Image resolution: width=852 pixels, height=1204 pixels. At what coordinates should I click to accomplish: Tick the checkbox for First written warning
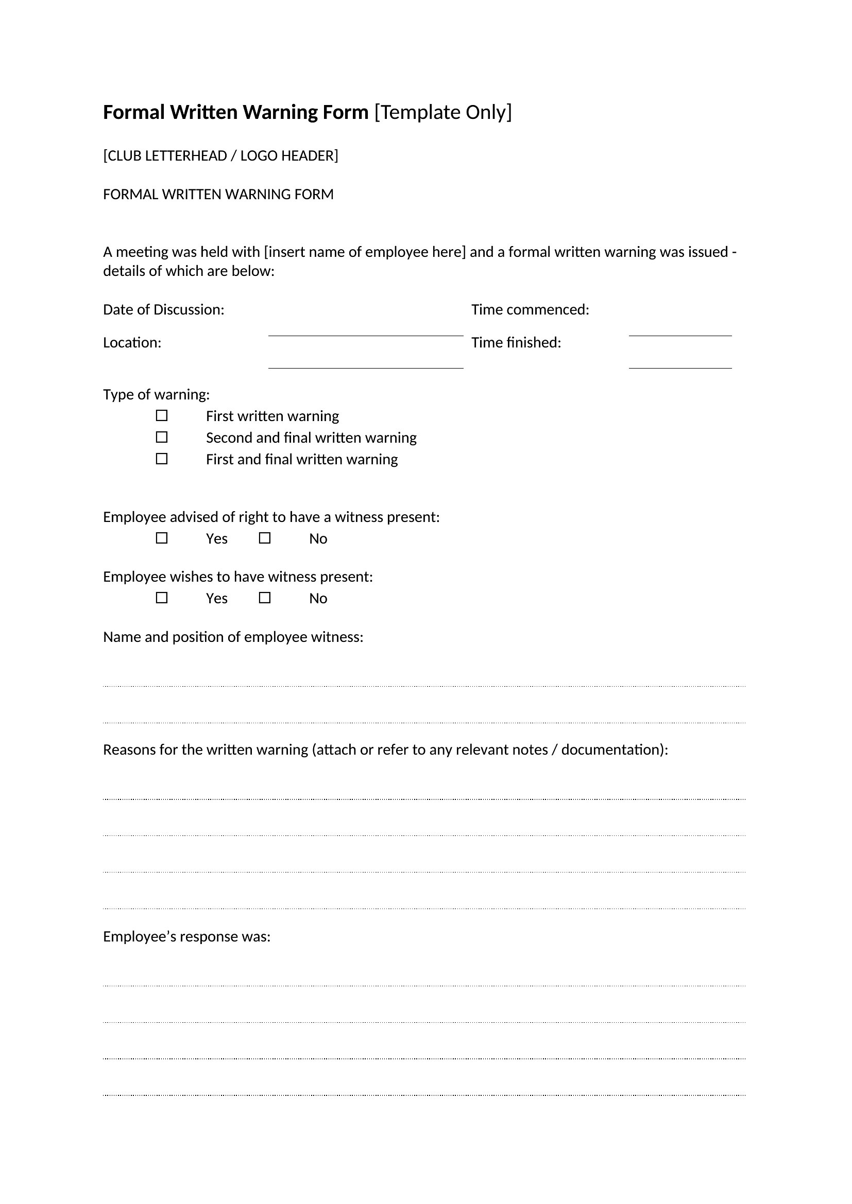click(162, 416)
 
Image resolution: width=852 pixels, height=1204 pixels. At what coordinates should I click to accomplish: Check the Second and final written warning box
click(162, 438)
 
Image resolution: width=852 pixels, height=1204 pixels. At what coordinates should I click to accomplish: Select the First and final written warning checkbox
click(162, 459)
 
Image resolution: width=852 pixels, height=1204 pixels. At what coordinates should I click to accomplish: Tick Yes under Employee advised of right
click(162, 538)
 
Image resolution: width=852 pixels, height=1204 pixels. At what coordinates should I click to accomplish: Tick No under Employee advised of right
click(265, 538)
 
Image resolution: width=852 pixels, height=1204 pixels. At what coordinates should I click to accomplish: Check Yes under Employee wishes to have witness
click(162, 598)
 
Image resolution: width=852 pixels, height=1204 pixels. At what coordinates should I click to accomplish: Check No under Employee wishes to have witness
click(265, 598)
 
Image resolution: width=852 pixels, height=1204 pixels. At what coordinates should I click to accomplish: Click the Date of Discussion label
click(164, 310)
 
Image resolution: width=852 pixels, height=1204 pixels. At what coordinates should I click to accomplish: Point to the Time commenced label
click(530, 310)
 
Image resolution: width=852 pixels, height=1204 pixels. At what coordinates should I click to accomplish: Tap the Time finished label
click(516, 343)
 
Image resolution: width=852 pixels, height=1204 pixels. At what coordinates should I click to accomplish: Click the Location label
click(132, 343)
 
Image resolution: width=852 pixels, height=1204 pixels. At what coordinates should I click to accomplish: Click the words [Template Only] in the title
click(443, 113)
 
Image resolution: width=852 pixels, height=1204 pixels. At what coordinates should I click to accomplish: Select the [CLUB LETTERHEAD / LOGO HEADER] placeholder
click(220, 156)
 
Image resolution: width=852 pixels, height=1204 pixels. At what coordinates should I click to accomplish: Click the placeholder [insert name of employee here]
click(365, 252)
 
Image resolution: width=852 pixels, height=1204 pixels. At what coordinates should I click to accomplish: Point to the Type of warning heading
click(157, 394)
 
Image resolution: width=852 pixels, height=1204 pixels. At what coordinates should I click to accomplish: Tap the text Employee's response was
click(187, 936)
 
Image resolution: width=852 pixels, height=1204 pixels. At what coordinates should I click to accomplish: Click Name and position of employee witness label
click(233, 637)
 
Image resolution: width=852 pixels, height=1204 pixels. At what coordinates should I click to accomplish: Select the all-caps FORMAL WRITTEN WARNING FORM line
click(218, 195)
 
